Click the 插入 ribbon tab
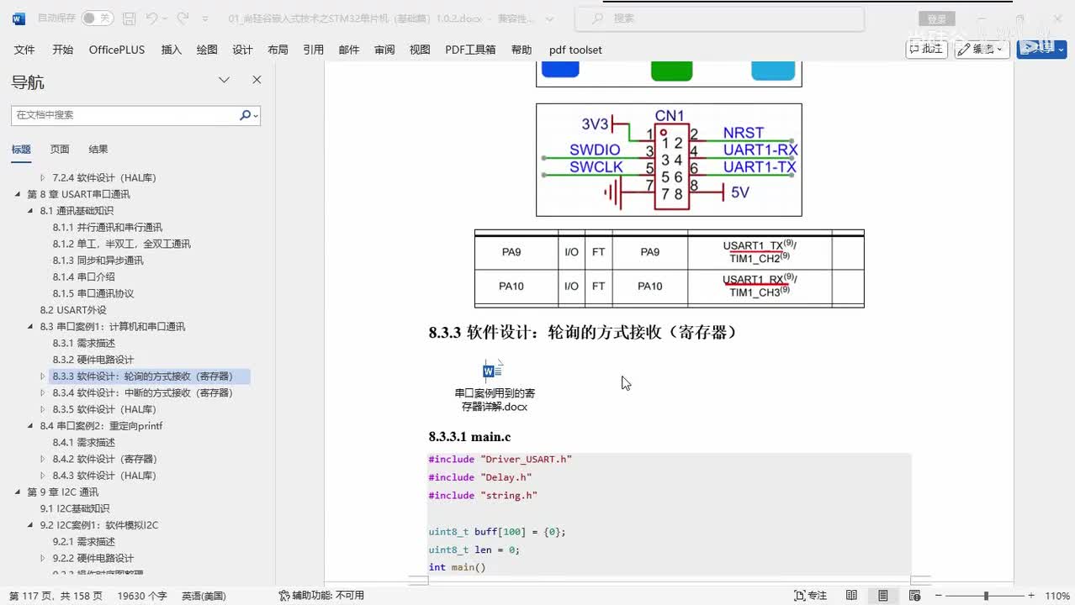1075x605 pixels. point(171,50)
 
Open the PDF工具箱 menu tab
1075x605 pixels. point(470,50)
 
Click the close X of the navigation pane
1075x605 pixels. point(257,80)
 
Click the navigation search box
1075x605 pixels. point(126,115)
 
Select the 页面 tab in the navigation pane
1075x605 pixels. point(59,150)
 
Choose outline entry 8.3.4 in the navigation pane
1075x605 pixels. point(142,392)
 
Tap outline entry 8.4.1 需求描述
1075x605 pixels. point(83,442)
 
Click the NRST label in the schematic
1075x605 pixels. point(743,133)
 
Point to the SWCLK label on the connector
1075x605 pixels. point(596,167)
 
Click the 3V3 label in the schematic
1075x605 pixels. point(595,124)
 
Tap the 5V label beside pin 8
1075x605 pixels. point(739,192)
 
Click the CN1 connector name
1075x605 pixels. point(670,116)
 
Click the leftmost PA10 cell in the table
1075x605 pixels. point(511,287)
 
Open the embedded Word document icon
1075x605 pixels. point(493,371)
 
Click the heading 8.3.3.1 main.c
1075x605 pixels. point(469,437)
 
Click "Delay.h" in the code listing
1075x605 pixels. point(506,477)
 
